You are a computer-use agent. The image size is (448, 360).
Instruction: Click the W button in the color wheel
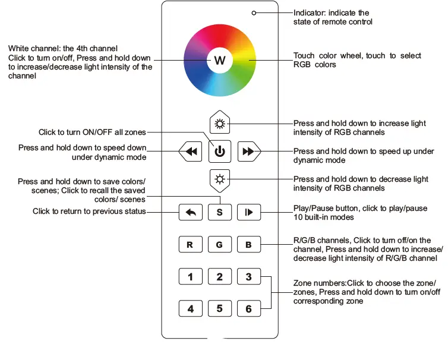pos(220,60)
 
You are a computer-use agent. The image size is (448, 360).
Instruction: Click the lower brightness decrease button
pos(220,179)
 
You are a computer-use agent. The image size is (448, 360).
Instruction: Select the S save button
pos(220,213)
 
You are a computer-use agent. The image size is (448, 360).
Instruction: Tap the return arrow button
pos(191,213)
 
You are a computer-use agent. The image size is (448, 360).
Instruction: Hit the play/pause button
pos(248,213)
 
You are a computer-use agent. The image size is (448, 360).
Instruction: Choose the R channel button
pos(191,245)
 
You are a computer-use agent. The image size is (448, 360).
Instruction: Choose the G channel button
pos(220,245)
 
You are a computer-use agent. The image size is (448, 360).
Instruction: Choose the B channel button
pos(248,245)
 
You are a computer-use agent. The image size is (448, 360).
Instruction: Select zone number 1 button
pos(191,277)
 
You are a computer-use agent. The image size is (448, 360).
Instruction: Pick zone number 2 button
pos(220,277)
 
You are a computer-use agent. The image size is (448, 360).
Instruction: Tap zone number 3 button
pos(248,277)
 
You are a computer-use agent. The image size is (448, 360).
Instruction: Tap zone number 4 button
pos(191,309)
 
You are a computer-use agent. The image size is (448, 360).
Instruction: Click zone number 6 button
pos(248,309)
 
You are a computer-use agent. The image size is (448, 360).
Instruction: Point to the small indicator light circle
pos(254,12)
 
